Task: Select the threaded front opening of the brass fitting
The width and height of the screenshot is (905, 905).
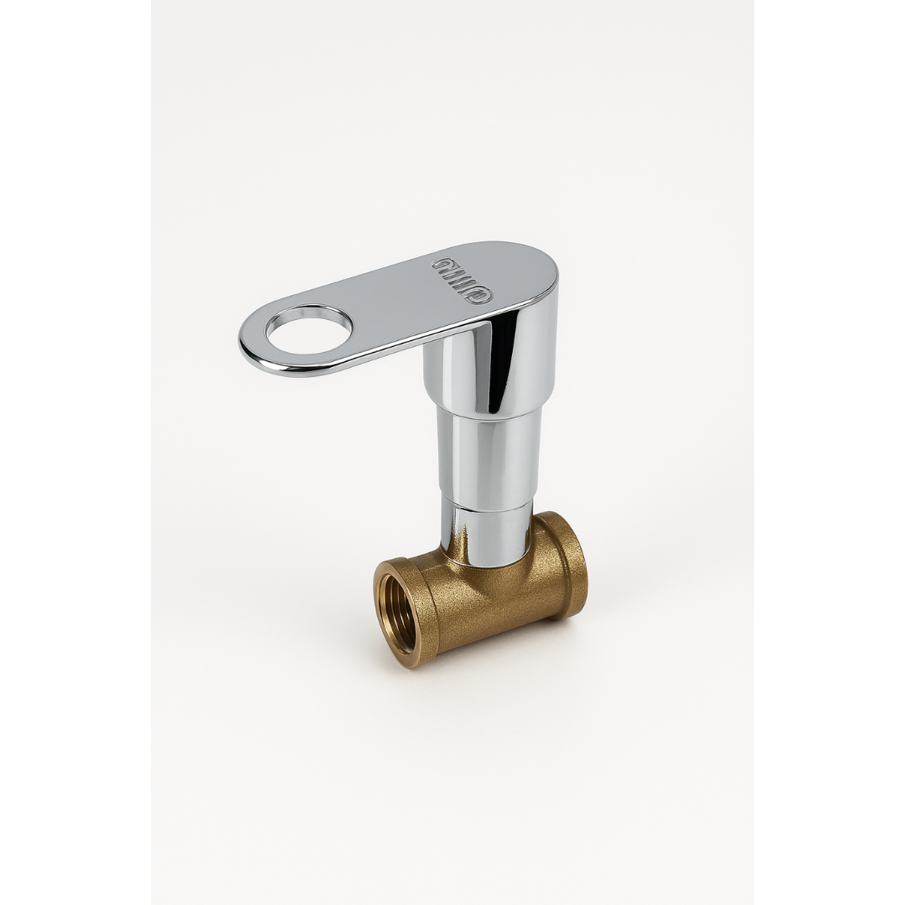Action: click(x=398, y=614)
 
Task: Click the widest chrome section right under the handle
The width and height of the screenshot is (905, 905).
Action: click(x=490, y=369)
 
